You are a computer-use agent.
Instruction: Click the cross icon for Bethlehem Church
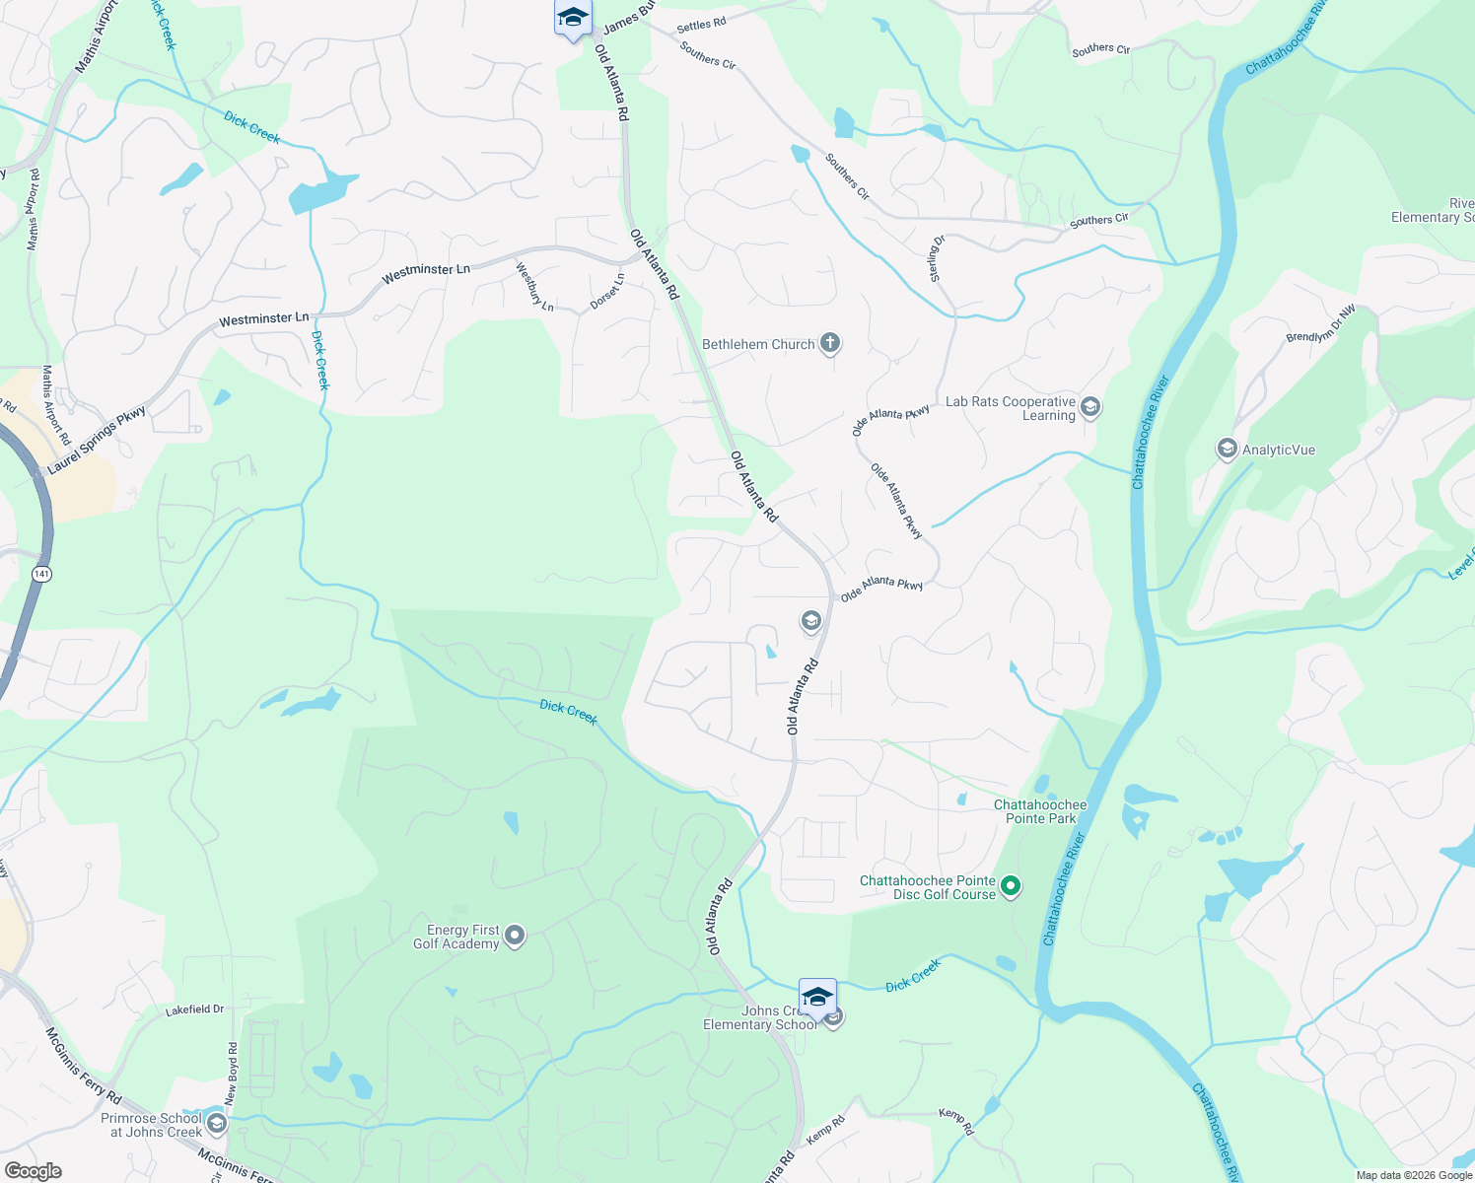tap(830, 344)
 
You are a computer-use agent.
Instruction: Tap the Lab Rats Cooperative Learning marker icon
tap(1089, 407)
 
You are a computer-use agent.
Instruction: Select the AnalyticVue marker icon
tap(1227, 450)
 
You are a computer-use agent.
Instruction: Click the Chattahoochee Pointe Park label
tap(1040, 811)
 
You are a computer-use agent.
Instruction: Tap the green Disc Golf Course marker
tap(1010, 886)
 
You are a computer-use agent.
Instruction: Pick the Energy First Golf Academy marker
tap(514, 937)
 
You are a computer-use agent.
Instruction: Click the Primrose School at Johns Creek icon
tap(216, 1123)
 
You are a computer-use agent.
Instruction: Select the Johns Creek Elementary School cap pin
tap(817, 998)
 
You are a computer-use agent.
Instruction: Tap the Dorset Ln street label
tap(607, 292)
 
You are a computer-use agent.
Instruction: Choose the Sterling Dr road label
tap(937, 258)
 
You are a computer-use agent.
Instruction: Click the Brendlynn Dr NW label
tap(1321, 324)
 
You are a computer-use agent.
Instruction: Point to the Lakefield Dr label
tap(194, 1010)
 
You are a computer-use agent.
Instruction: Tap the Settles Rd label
tap(701, 24)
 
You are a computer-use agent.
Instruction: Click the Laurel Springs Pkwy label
tap(97, 440)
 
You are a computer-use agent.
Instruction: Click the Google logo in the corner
tap(33, 1171)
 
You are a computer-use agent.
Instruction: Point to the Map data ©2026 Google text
tap(1414, 1175)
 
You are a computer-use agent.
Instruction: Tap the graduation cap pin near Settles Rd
tap(573, 18)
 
